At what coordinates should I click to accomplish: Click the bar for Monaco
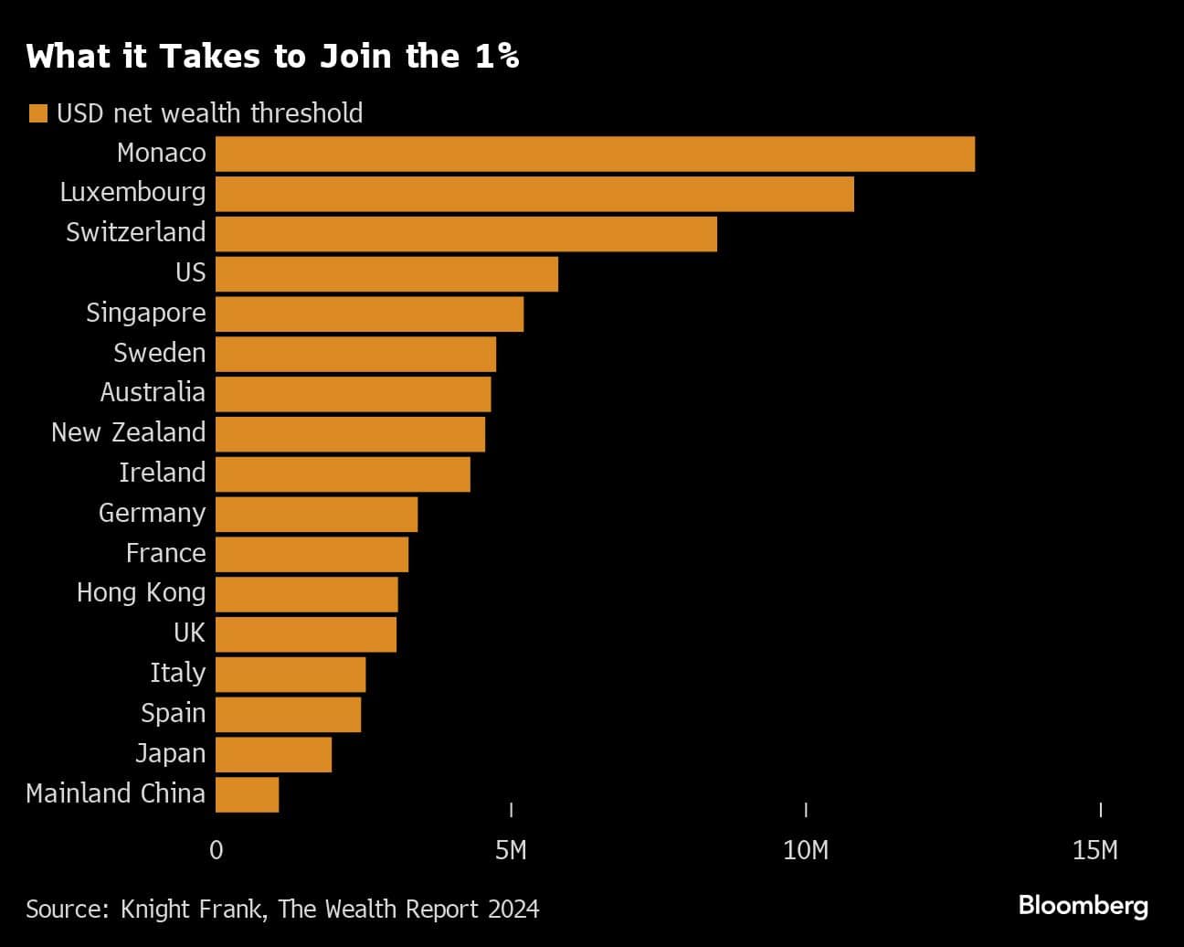595,154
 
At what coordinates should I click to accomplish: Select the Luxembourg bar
534,194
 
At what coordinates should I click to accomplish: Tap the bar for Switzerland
466,234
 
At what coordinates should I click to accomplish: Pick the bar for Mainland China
248,794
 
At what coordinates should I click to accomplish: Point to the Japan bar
274,754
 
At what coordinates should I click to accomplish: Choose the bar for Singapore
369,314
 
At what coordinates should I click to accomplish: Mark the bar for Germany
316,514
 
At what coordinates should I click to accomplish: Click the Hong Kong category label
141,593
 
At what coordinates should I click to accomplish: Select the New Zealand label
128,432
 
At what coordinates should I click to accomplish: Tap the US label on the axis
190,272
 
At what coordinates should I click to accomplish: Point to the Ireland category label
162,473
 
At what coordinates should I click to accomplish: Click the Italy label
177,673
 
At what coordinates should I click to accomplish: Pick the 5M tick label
511,850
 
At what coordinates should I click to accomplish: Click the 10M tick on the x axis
806,850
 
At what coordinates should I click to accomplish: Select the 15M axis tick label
1094,850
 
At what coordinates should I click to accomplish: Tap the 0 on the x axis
216,850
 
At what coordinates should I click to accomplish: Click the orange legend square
37,113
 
